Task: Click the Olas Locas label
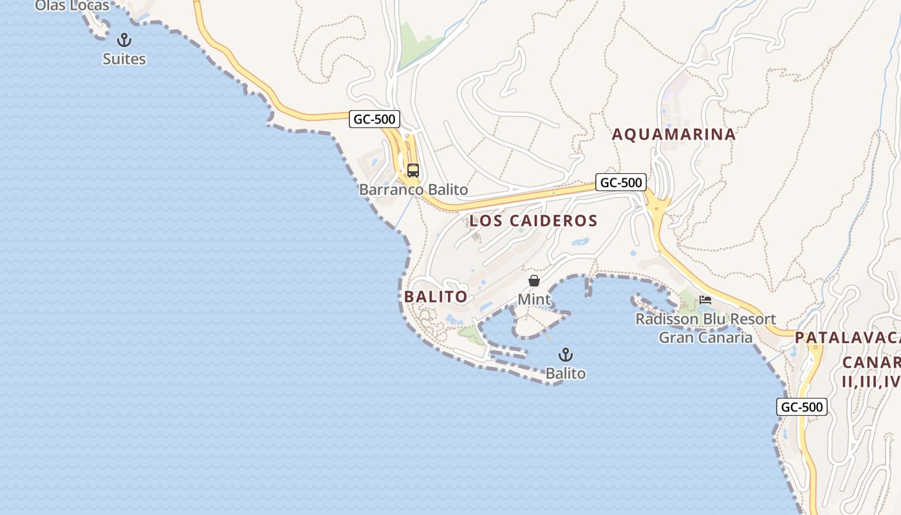(72, 6)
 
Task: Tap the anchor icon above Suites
(124, 41)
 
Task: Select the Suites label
(124, 59)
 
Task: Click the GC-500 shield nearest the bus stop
(375, 119)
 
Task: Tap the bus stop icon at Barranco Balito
(413, 171)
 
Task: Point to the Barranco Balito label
(413, 190)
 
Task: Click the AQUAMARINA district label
(673, 135)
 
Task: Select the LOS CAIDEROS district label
(534, 221)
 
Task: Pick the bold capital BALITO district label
(436, 297)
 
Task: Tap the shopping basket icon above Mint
(534, 281)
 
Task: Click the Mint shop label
(534, 299)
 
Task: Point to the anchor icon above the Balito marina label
(565, 355)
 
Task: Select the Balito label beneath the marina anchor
(566, 373)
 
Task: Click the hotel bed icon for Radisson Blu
(705, 300)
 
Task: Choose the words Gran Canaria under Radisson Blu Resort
(705, 337)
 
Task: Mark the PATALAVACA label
(847, 338)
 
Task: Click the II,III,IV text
(870, 381)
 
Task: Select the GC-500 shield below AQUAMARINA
(620, 183)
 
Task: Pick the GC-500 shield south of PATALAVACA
(802, 407)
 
